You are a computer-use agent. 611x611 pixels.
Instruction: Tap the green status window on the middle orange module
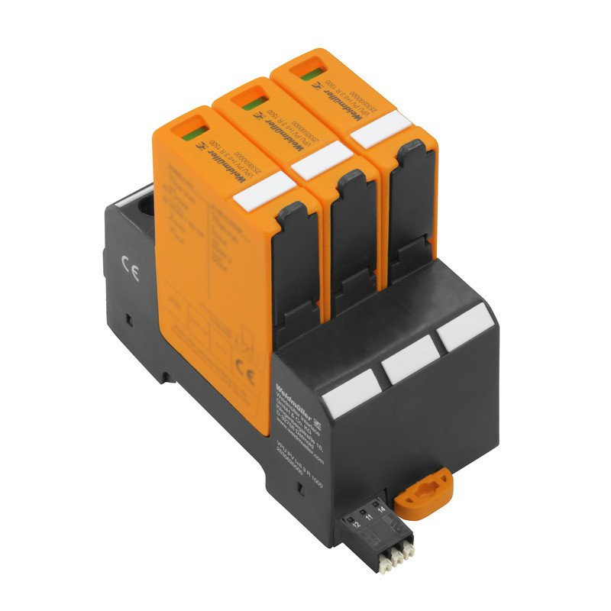point(247,103)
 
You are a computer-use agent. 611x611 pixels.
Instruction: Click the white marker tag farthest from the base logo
point(462,331)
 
